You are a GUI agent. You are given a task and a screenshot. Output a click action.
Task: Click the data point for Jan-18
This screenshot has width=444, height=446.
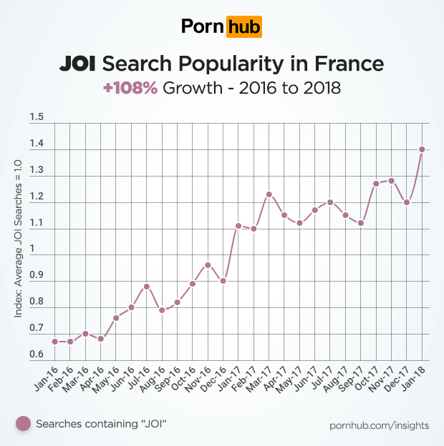[422, 149]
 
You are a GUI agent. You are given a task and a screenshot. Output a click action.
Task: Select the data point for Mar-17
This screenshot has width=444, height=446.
[269, 194]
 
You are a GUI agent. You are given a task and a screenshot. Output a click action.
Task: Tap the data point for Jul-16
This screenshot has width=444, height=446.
[146, 286]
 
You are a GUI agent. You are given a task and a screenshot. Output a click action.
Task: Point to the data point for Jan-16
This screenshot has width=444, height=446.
[54, 341]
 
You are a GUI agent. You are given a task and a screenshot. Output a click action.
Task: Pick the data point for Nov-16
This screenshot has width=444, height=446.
[208, 264]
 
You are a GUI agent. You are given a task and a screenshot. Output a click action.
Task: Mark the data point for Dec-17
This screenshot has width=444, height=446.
[407, 202]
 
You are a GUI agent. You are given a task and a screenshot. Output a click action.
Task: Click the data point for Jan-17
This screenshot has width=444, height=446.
[238, 225]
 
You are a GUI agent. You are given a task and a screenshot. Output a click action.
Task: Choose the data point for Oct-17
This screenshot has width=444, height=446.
[376, 183]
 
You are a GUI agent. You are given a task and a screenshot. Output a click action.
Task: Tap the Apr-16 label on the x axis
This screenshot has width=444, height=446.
[94, 377]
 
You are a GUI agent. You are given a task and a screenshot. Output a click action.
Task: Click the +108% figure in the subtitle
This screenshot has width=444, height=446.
[130, 89]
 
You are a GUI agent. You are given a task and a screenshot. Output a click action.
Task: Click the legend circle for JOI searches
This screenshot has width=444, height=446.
[24, 424]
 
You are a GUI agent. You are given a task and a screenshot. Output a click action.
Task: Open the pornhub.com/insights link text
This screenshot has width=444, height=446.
[379, 425]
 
